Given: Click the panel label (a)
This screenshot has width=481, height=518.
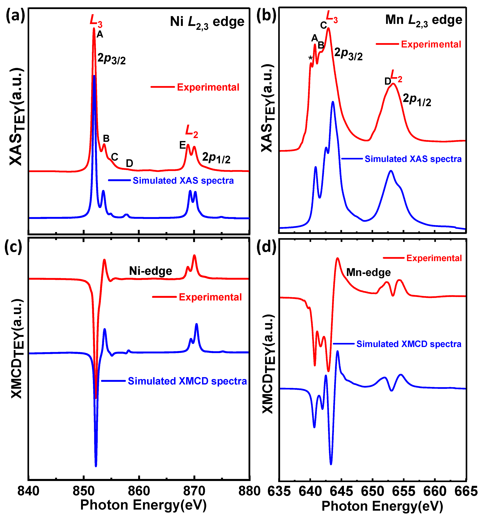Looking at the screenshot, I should pyautogui.click(x=15, y=16).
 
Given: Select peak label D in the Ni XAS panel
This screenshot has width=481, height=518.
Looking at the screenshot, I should pyautogui.click(x=129, y=164).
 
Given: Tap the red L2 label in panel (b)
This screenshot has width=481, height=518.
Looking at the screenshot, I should pyautogui.click(x=396, y=76).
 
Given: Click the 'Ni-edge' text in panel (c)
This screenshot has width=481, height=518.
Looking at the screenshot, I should pyautogui.click(x=150, y=271).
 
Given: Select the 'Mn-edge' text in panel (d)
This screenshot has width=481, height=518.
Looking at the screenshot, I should pyautogui.click(x=368, y=273).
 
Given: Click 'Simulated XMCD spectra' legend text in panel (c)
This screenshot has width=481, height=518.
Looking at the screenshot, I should pyautogui.click(x=187, y=381).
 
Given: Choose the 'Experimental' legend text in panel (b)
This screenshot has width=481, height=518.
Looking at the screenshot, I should pyautogui.click(x=431, y=44).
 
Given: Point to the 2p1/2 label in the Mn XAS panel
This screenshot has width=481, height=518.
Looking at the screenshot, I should pyautogui.click(x=417, y=100).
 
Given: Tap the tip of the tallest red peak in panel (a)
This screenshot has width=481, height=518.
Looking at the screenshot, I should pyautogui.click(x=94, y=28).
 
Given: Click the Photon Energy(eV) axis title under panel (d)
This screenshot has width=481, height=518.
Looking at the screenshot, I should pyautogui.click(x=382, y=506).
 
